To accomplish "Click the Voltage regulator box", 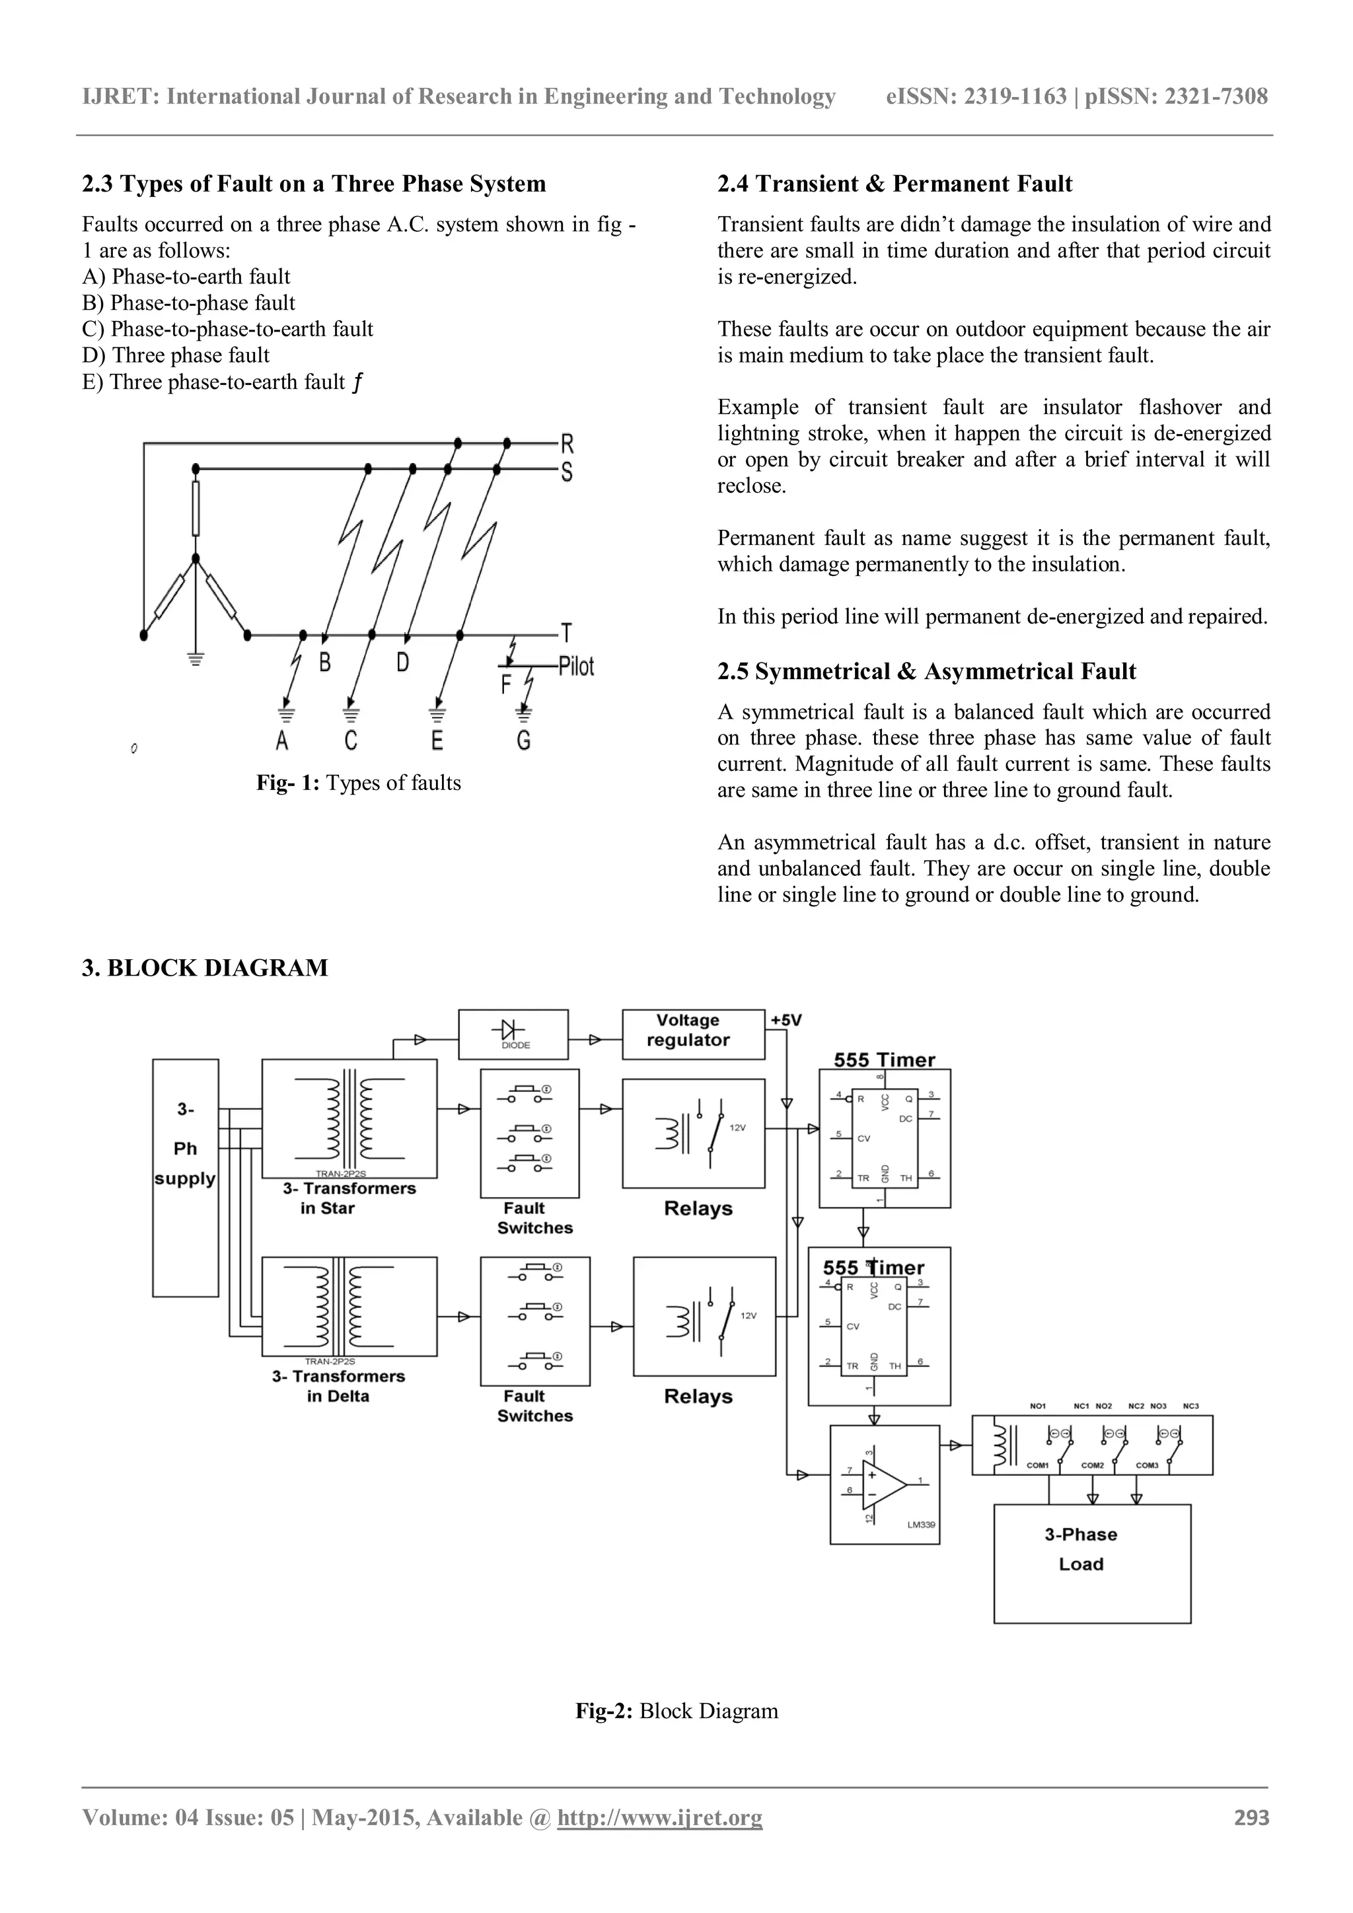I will tap(692, 1034).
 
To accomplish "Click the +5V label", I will tap(786, 1020).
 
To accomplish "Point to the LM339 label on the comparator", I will tap(920, 1525).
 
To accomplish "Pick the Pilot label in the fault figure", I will tap(575, 666).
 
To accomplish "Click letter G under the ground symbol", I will tap(523, 740).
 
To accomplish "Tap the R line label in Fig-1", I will tap(567, 443).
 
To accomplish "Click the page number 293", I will tap(1251, 1817).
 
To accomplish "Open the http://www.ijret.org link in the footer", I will tap(659, 1817).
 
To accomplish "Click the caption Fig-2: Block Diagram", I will tap(676, 1712).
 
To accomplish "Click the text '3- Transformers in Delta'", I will tap(338, 1387).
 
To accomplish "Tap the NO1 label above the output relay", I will tap(1037, 1406).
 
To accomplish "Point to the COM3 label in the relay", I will tap(1148, 1466).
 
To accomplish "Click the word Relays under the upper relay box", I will tap(698, 1208).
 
